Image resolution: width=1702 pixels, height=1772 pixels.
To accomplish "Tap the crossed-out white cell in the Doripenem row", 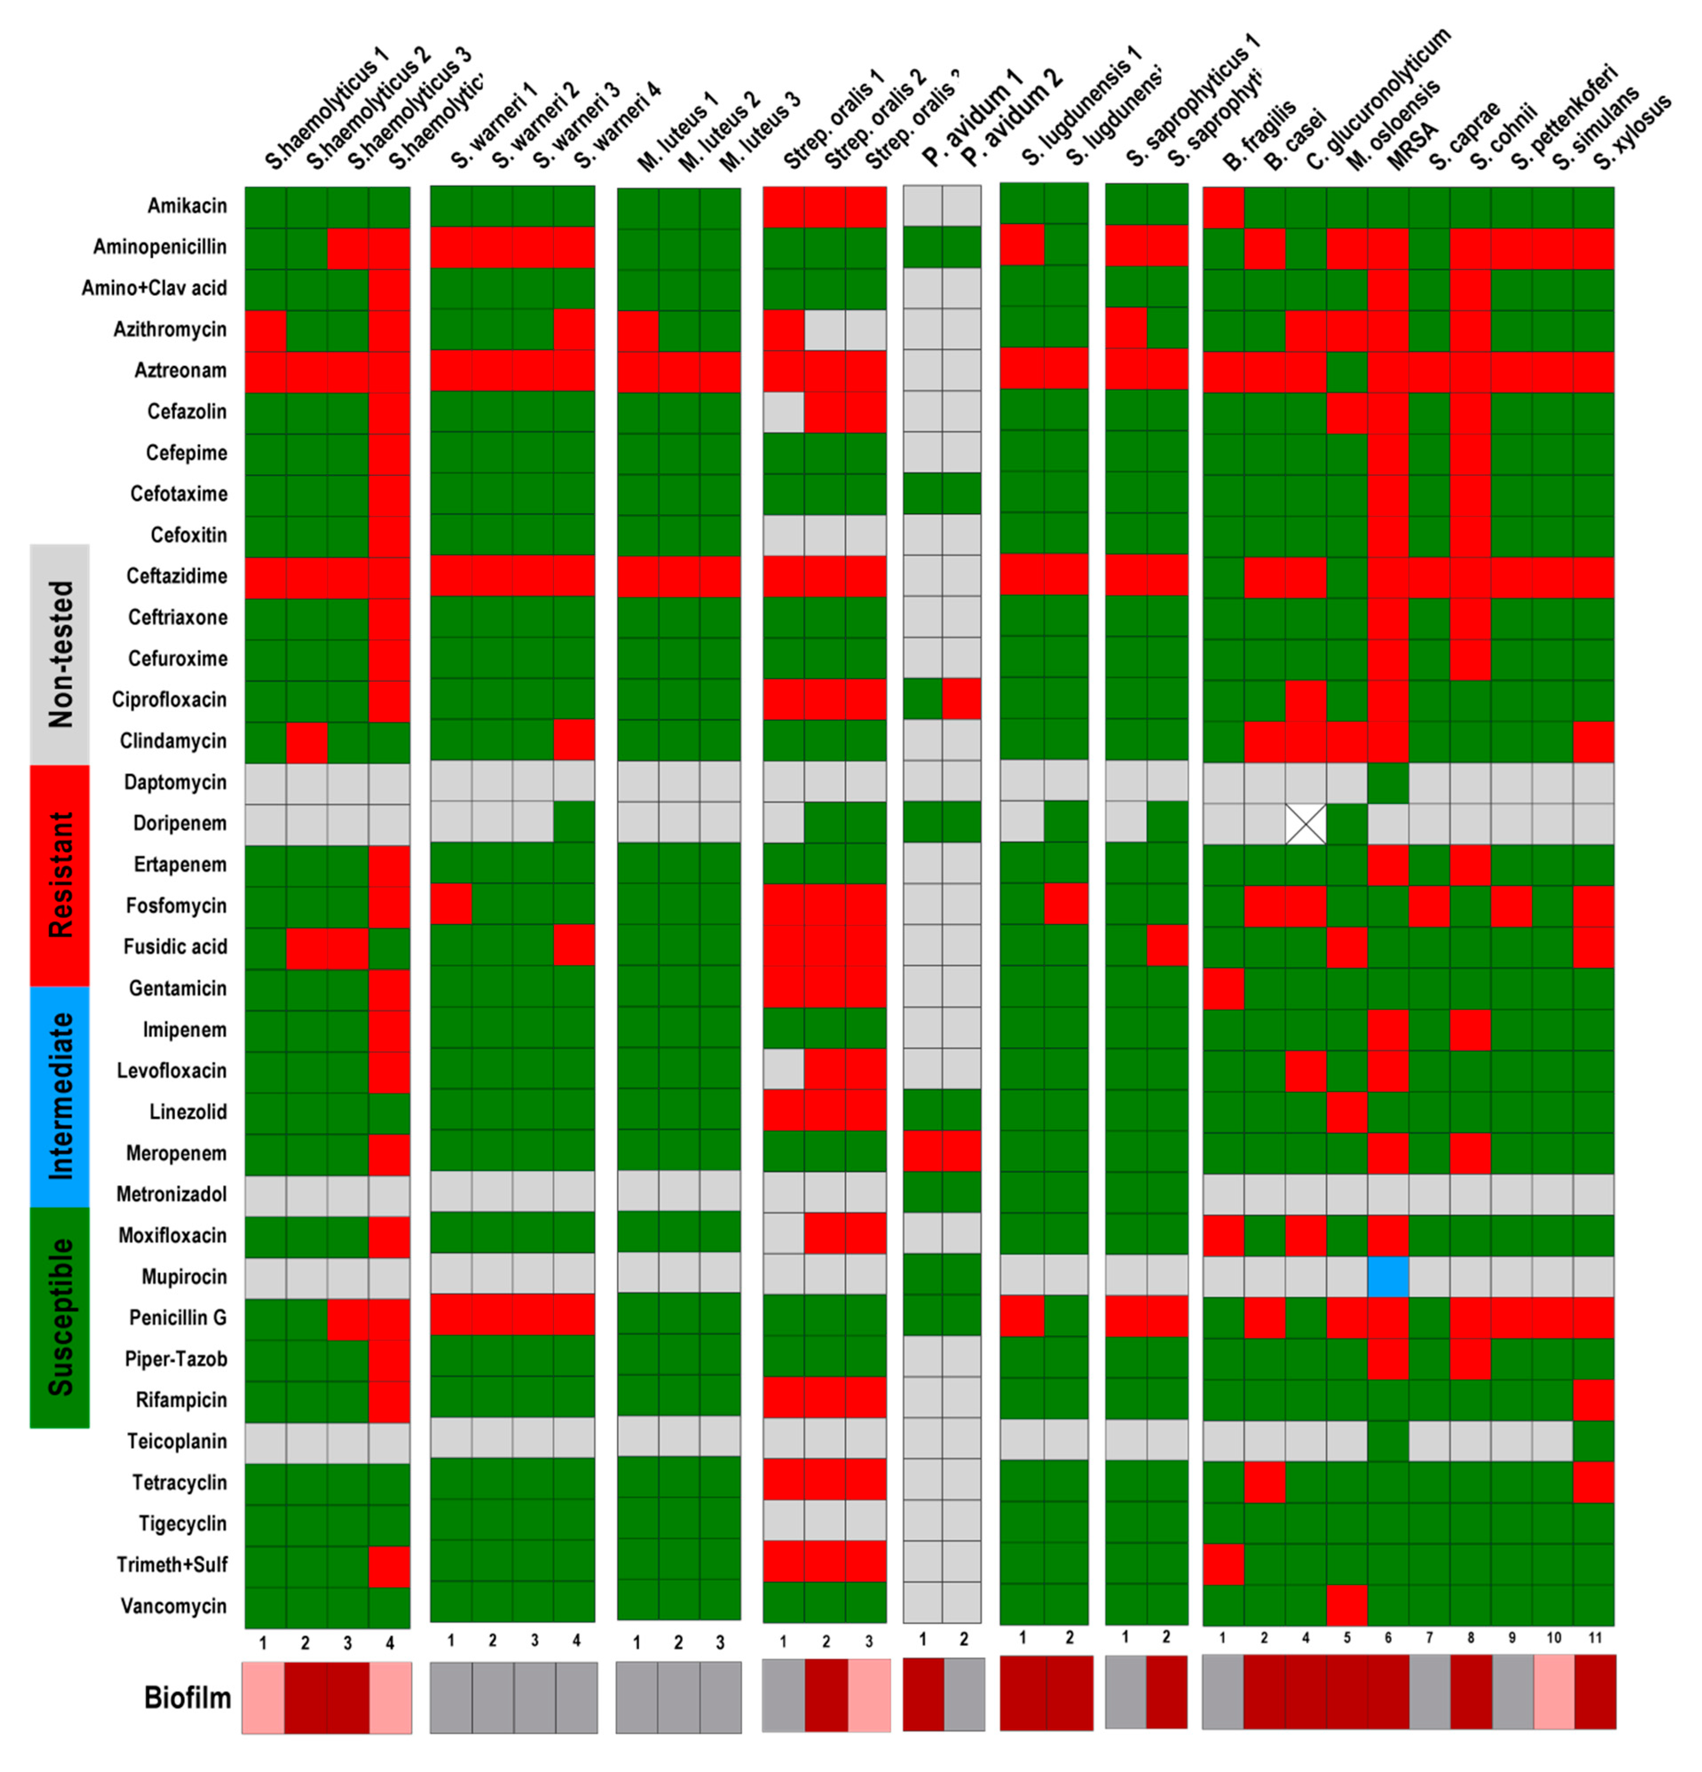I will (x=1305, y=823).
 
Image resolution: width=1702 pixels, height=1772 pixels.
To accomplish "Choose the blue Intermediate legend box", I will (x=60, y=1096).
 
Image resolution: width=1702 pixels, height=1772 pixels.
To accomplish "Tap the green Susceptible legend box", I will (x=60, y=1316).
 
